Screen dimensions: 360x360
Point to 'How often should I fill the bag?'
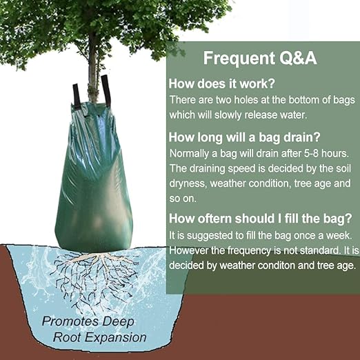tap(261, 219)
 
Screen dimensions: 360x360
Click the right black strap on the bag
tap(106, 90)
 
